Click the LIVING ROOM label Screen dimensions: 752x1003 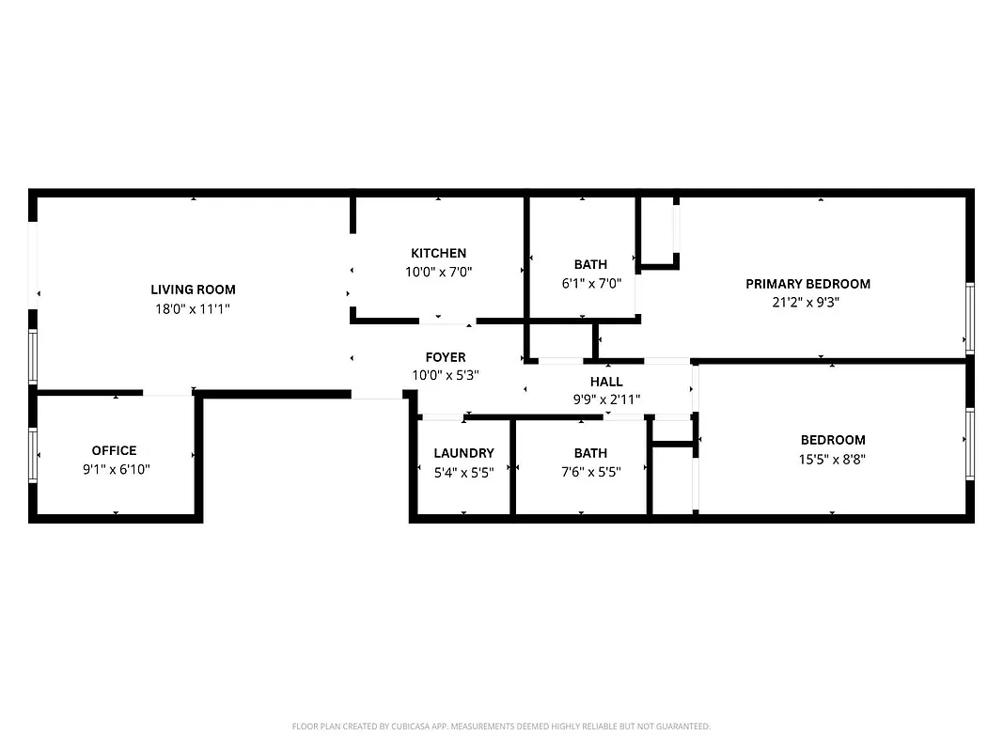(193, 290)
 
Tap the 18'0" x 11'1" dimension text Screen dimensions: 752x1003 (193, 308)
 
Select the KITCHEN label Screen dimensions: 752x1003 (438, 253)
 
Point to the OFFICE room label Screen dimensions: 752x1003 (114, 450)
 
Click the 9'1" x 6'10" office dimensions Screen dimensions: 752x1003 (116, 469)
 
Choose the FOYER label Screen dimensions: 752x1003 (445, 357)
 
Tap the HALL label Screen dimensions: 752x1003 (606, 382)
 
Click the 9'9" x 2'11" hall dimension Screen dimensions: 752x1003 (606, 399)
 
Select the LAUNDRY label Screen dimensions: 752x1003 (463, 453)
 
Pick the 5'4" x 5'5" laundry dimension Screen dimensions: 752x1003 (463, 472)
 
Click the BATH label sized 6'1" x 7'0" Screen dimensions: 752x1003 (590, 264)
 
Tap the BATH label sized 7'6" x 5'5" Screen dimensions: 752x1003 (590, 453)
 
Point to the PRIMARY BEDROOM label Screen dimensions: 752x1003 (807, 284)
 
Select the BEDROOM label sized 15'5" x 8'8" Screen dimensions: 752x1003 (833, 440)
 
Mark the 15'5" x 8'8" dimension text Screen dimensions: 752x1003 (833, 459)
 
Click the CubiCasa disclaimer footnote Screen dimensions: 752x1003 (501, 727)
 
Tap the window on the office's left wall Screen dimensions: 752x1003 (33, 455)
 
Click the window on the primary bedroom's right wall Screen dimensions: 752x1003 (970, 318)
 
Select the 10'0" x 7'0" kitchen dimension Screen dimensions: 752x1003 (438, 272)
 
